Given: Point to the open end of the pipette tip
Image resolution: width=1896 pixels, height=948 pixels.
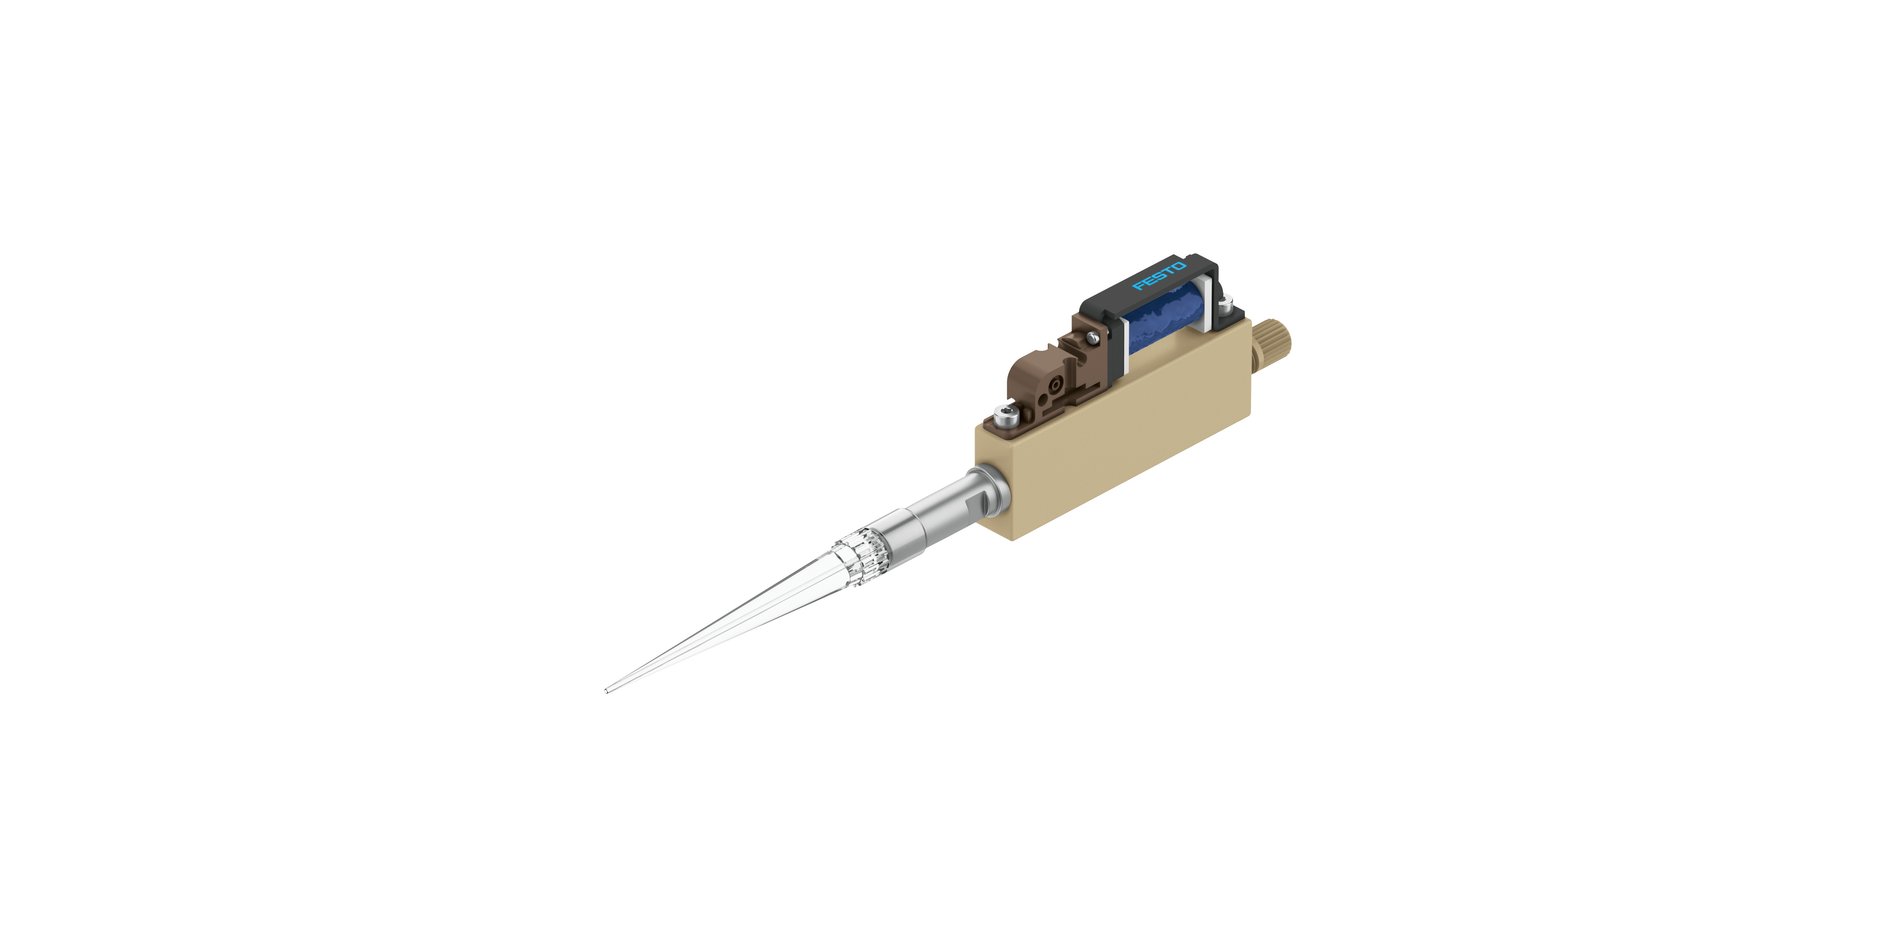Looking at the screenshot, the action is (x=606, y=691).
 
